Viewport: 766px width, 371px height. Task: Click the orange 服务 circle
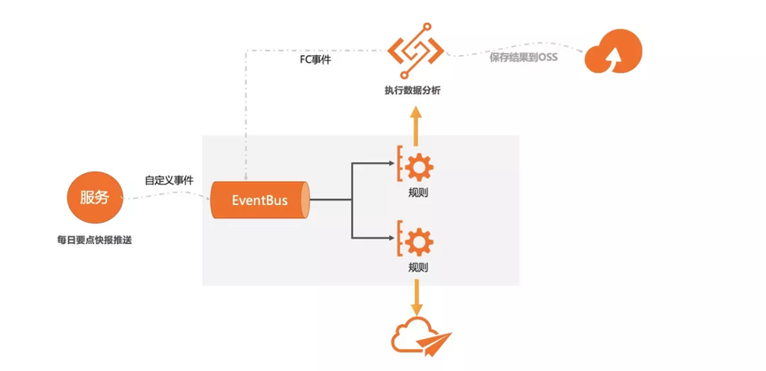94,198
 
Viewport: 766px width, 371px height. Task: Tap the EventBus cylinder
261,200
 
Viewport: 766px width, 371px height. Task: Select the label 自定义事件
168,180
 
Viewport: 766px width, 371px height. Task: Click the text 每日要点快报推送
94,241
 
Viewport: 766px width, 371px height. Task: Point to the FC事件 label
315,60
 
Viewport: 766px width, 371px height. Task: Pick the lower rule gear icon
417,240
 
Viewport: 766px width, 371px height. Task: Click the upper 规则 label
418,192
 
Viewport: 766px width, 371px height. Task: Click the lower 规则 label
418,267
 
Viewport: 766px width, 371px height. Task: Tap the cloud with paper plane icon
420,335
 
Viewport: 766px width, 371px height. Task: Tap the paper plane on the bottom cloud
437,341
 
